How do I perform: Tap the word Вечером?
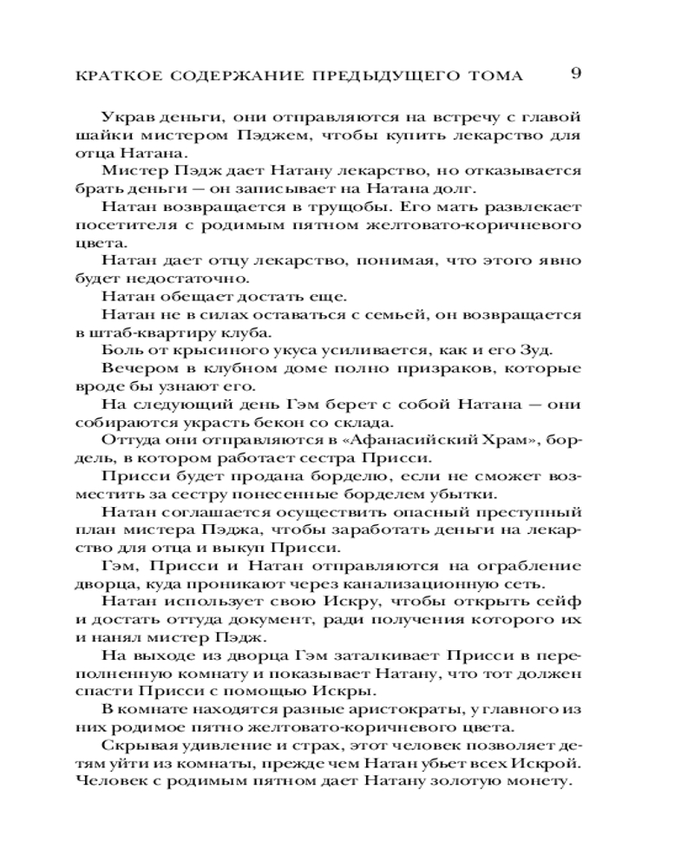134,370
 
